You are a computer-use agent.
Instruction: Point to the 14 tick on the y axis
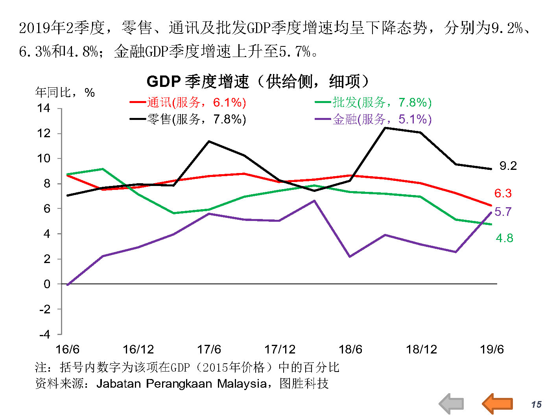[x=44, y=108]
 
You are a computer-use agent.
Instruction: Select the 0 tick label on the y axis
[x=47, y=284]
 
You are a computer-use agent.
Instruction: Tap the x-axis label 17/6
[x=209, y=349]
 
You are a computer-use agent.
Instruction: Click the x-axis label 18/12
[x=421, y=349]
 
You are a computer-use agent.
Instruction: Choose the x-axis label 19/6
[x=492, y=349]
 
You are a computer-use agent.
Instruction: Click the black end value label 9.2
[x=508, y=166]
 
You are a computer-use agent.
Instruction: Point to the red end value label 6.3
[x=503, y=193]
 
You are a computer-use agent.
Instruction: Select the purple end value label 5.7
[x=503, y=212]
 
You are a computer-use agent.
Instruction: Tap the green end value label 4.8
[x=504, y=238]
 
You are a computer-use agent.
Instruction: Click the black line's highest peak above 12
[x=385, y=128]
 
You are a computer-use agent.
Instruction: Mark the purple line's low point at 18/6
[x=350, y=256]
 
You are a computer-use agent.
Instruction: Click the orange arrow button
[x=498, y=404]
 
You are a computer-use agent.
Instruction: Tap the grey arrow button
[x=452, y=404]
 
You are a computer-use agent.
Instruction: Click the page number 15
[x=536, y=405]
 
